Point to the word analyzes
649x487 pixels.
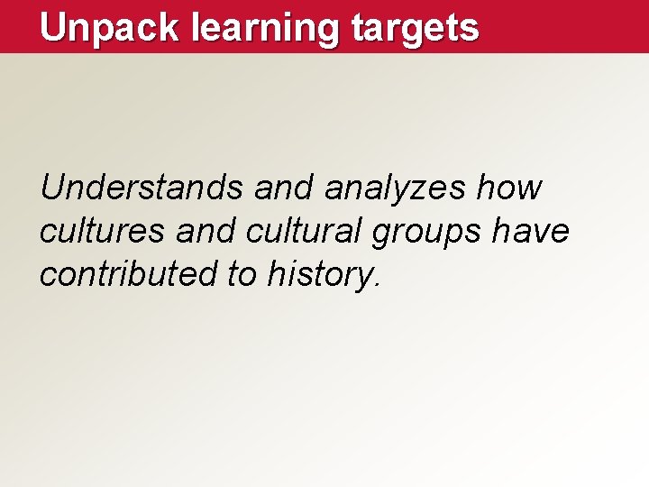pos(394,188)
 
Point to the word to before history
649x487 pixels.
pos(242,274)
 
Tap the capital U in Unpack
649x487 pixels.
pos(53,27)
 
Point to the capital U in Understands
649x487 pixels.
pos(52,188)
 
